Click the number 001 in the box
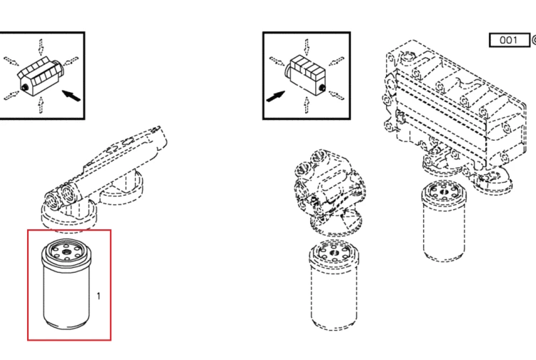(x=508, y=40)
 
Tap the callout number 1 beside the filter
(x=99, y=296)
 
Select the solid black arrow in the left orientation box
(x=71, y=95)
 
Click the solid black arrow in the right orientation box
(x=275, y=96)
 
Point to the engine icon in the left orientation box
(x=39, y=76)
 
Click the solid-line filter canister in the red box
(x=66, y=284)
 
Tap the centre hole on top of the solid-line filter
(x=66, y=252)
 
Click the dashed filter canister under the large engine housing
(x=444, y=221)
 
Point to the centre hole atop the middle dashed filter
(x=334, y=254)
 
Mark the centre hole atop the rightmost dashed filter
(x=444, y=192)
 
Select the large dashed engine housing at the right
(x=455, y=113)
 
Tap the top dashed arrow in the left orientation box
(x=41, y=47)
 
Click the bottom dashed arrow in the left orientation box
(x=41, y=105)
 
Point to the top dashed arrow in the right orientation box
(x=307, y=47)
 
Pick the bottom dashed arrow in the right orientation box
(x=307, y=105)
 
